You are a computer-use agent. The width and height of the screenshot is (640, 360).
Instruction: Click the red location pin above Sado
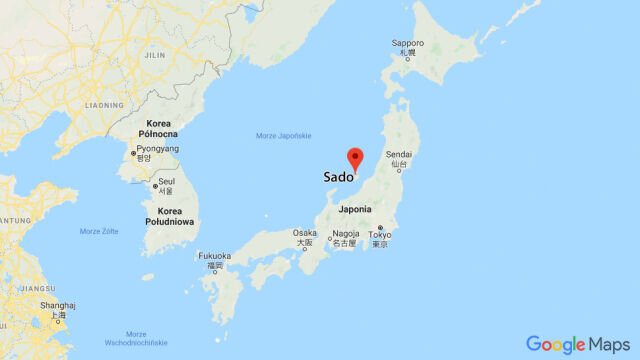click(355, 158)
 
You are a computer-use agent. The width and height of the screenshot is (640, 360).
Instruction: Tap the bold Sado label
click(339, 177)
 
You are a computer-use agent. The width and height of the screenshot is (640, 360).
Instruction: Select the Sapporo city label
click(408, 45)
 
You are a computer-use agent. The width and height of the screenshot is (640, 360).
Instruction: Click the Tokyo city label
click(380, 237)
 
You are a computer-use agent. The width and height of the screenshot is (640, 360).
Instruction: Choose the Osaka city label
click(305, 235)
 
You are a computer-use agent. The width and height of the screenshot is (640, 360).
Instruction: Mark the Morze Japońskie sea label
click(284, 135)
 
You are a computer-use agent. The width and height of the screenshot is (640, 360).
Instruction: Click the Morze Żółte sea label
click(99, 231)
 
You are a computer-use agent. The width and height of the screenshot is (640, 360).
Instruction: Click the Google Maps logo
click(577, 344)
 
